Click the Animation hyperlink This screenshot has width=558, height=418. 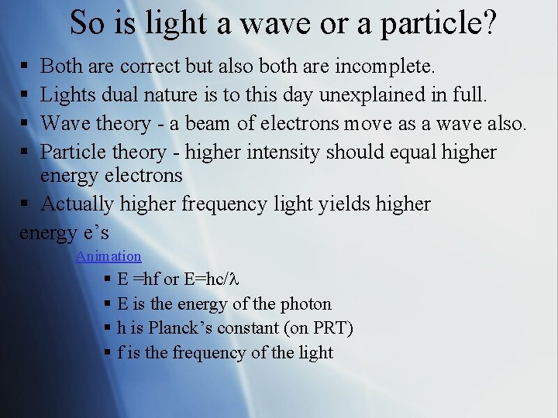[108, 256]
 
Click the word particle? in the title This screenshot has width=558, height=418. [442, 23]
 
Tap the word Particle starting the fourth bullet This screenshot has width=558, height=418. [74, 152]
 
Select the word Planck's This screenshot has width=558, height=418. [177, 328]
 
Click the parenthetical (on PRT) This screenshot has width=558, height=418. [319, 328]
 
